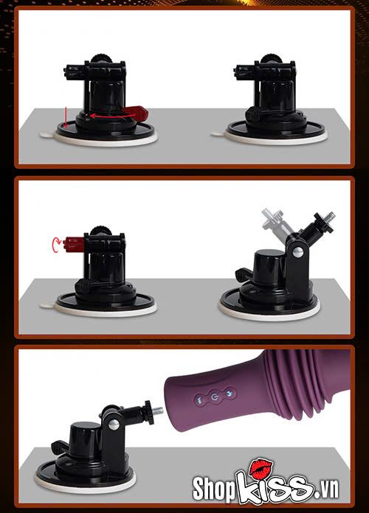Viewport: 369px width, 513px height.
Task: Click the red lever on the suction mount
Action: pos(137,113)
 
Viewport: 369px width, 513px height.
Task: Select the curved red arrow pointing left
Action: pos(106,115)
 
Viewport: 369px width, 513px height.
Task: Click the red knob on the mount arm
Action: pos(74,242)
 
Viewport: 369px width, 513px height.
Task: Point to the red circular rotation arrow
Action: pos(56,245)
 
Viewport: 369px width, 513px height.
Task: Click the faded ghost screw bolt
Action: pos(275,217)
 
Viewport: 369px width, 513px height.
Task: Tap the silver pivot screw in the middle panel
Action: pos(297,251)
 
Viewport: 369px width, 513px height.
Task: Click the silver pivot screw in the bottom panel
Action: pos(114,425)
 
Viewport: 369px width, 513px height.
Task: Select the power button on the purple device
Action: pos(214,397)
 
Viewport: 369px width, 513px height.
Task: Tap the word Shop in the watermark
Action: pos(214,489)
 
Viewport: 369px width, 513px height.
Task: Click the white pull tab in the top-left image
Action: pos(47,134)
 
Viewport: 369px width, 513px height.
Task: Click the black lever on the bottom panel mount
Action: pos(61,446)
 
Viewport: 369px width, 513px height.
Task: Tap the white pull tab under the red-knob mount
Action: pos(47,304)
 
